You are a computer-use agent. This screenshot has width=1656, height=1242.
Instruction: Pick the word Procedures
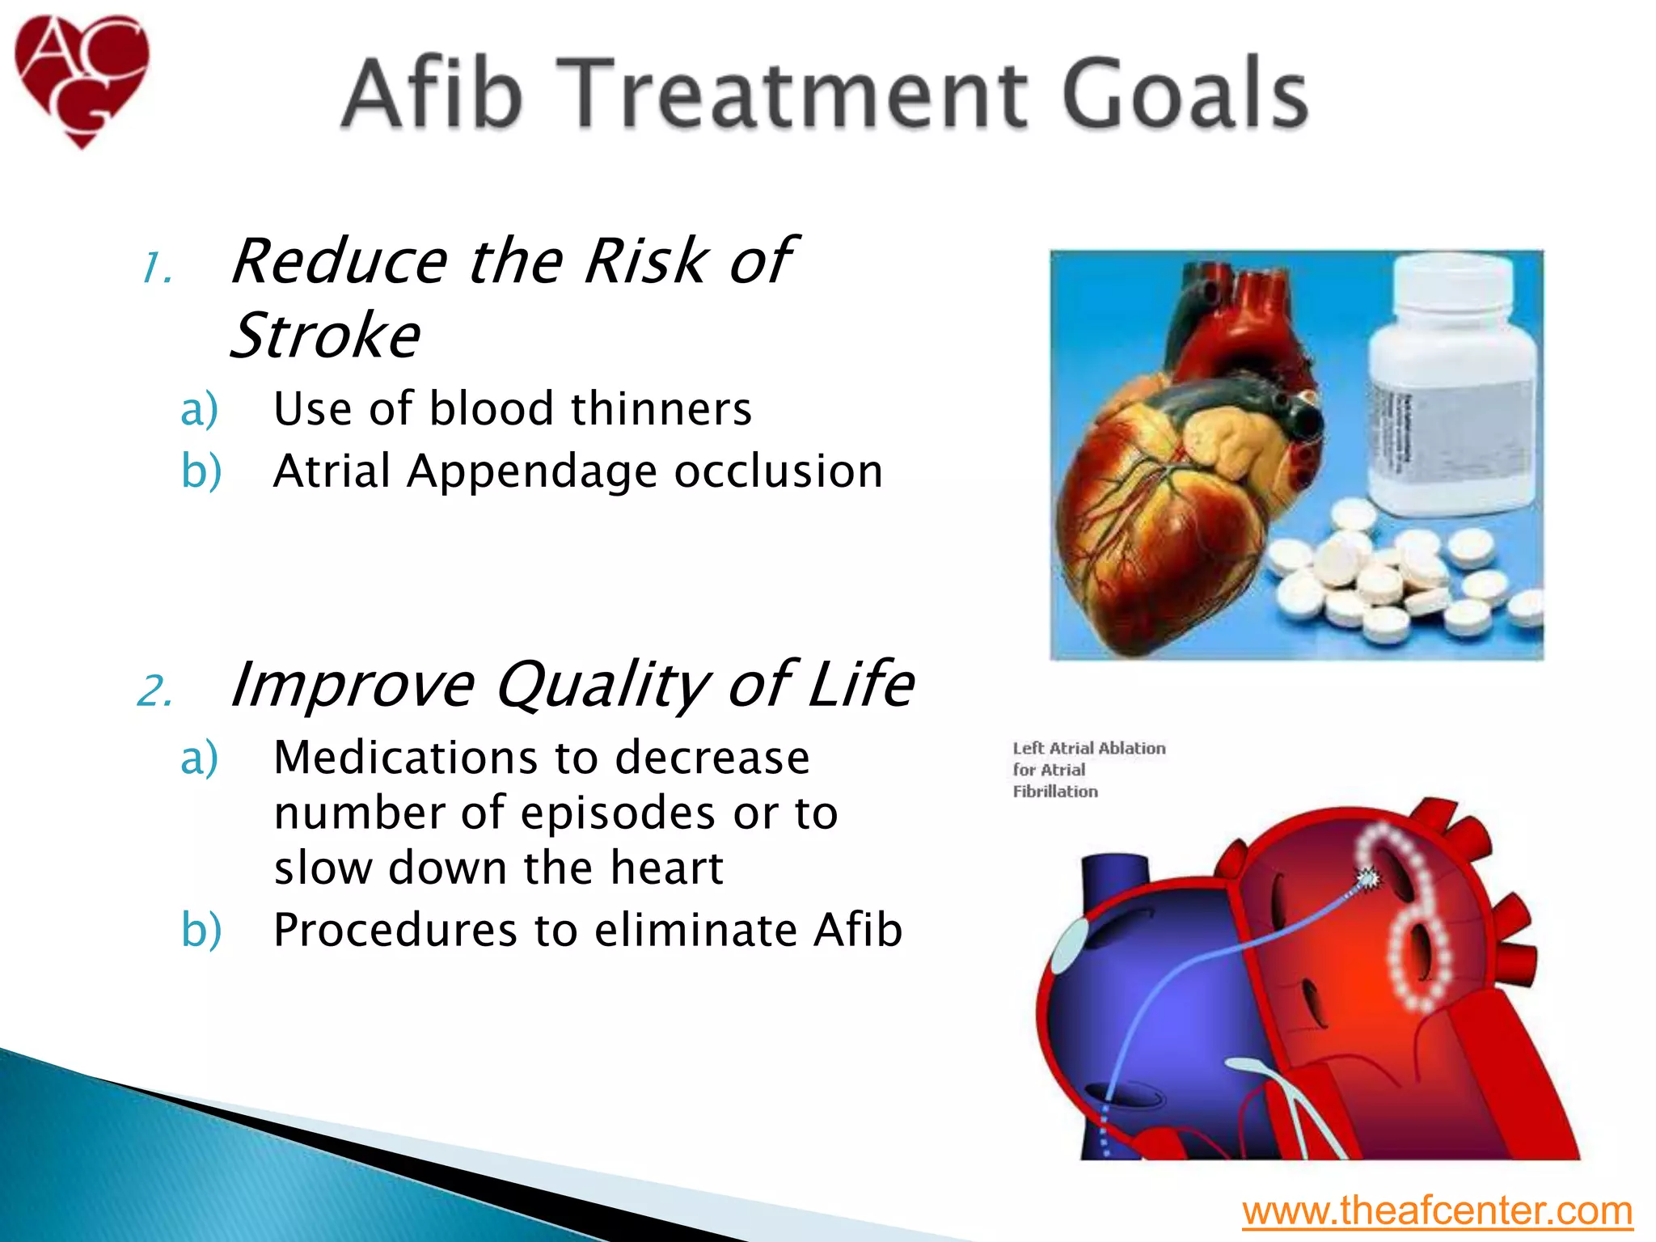pyautogui.click(x=395, y=930)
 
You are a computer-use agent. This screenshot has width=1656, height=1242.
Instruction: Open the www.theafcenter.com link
pyautogui.click(x=1437, y=1211)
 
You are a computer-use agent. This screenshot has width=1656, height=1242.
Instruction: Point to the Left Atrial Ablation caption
pyautogui.click(x=1088, y=770)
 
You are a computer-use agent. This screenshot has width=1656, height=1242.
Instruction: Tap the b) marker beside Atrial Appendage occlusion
pyautogui.click(x=201, y=472)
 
